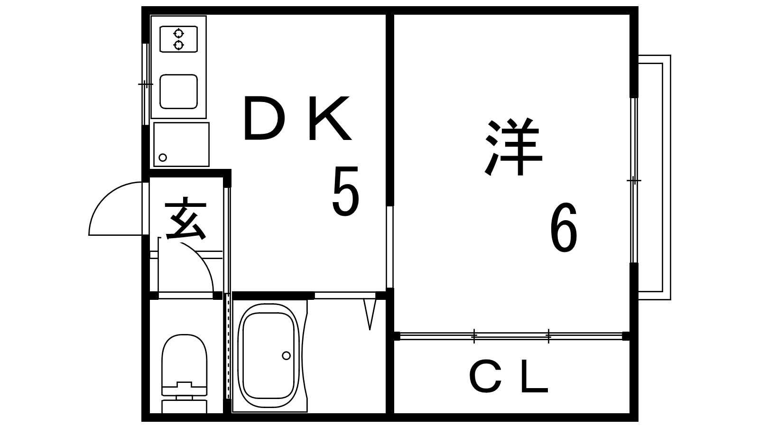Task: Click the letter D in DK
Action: [262, 119]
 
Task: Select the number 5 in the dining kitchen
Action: [345, 192]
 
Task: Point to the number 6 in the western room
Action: [564, 228]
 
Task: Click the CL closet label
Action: [509, 378]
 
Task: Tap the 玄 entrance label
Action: [185, 220]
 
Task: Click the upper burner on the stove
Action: [178, 33]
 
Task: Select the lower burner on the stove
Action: [178, 45]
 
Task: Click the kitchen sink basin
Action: [178, 91]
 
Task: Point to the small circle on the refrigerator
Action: [163, 158]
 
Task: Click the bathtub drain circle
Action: [286, 355]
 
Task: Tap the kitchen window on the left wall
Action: [146, 84]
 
